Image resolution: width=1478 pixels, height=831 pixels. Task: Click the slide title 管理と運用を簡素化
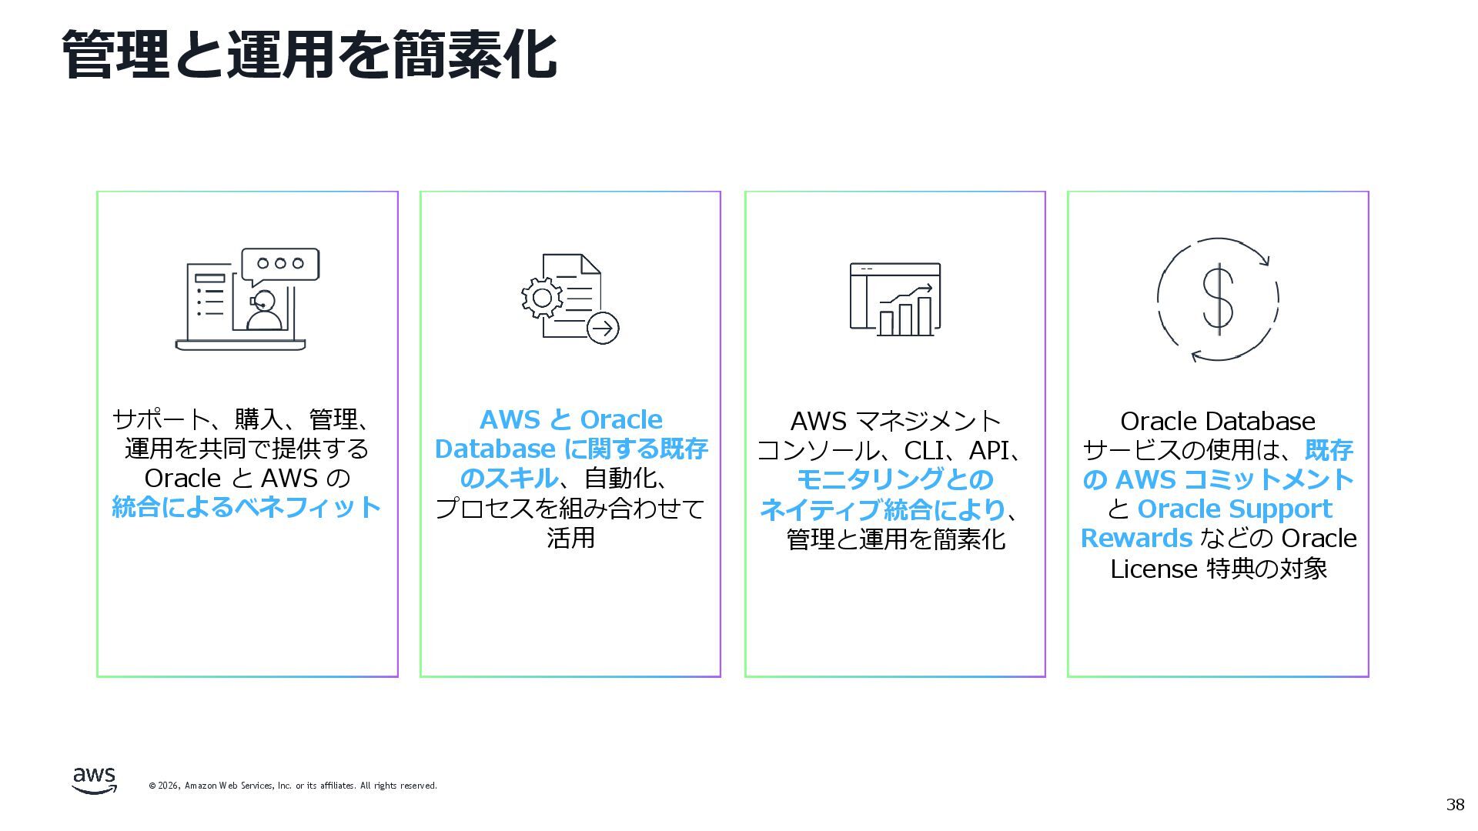click(309, 55)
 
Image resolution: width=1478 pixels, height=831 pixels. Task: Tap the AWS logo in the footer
click(95, 779)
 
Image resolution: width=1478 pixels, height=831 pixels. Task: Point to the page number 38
click(1455, 805)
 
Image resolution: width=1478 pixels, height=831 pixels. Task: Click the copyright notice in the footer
click(293, 786)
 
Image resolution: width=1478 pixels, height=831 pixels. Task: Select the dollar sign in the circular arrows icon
click(1218, 299)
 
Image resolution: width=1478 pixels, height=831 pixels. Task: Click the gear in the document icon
click(542, 298)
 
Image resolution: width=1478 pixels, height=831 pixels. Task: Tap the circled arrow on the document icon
click(603, 329)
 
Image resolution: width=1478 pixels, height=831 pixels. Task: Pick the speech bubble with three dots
click(280, 264)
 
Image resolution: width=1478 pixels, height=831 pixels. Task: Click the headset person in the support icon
click(263, 310)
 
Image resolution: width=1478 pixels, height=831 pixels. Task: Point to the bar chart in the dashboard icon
click(905, 316)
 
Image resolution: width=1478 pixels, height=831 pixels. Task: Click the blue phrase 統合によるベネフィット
click(246, 507)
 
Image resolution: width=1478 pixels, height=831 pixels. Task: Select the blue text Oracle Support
click(1235, 509)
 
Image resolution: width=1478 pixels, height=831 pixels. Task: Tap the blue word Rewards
click(1136, 538)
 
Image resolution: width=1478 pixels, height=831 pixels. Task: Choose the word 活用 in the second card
click(570, 537)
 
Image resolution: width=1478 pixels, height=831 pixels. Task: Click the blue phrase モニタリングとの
click(894, 479)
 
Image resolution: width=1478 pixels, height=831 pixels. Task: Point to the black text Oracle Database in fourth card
click(1217, 421)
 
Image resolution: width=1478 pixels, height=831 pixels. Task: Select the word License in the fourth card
click(1153, 569)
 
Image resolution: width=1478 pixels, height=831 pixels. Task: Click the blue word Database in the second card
click(495, 449)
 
